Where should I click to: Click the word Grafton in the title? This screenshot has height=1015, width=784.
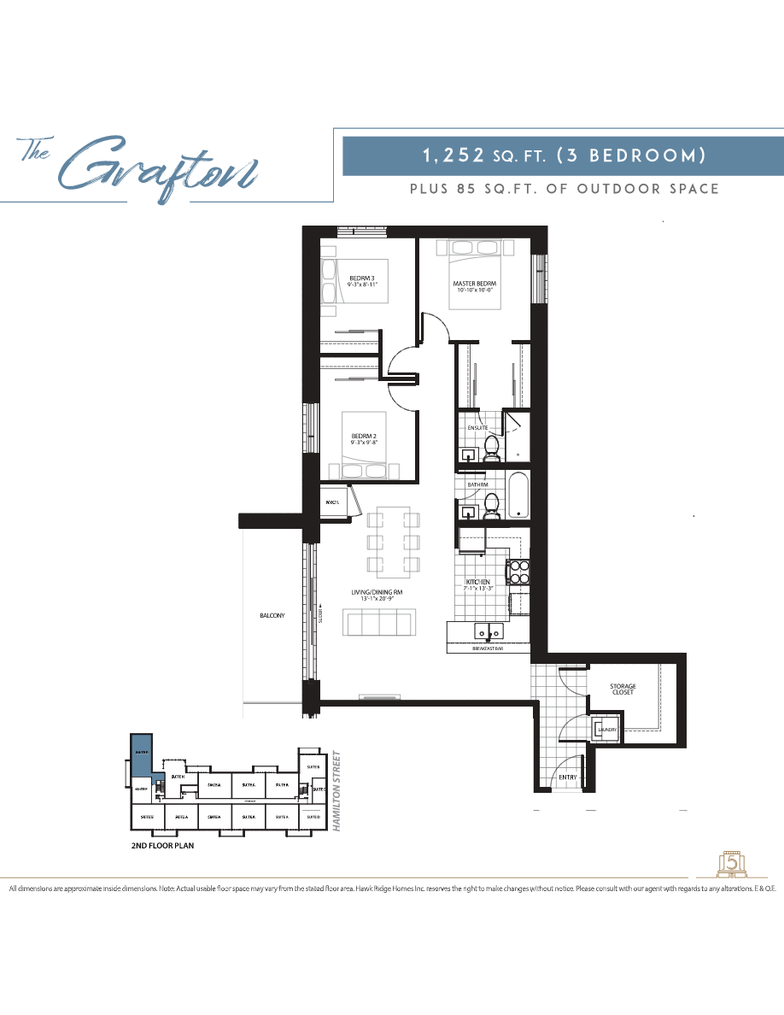coord(158,165)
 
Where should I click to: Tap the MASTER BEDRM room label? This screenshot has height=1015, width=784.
coord(474,284)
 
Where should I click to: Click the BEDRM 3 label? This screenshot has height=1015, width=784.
coord(362,279)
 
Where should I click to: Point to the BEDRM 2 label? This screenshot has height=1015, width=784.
coord(364,436)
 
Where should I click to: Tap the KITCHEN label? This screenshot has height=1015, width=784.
coord(477,581)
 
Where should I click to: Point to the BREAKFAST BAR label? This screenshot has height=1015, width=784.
coord(488,649)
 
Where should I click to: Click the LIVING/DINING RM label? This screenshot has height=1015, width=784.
coord(376,592)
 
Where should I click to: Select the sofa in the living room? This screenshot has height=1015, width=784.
coord(380,622)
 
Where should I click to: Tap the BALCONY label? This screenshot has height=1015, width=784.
coord(272,615)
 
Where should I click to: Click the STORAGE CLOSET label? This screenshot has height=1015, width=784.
coord(622,689)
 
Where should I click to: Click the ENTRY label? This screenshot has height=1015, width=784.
coord(567,777)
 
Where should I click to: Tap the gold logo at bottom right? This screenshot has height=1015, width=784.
coord(730,863)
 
